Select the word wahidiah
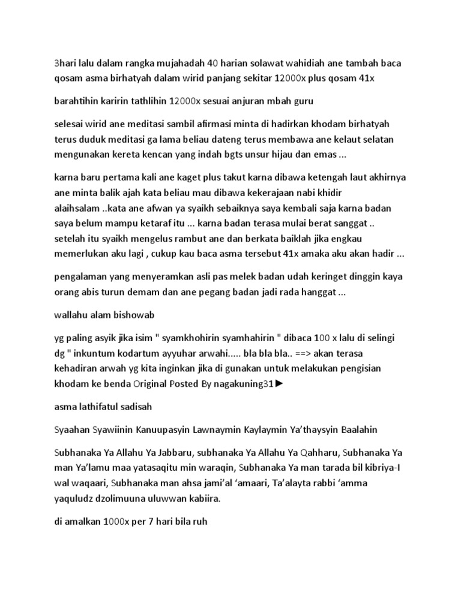tap(323, 62)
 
